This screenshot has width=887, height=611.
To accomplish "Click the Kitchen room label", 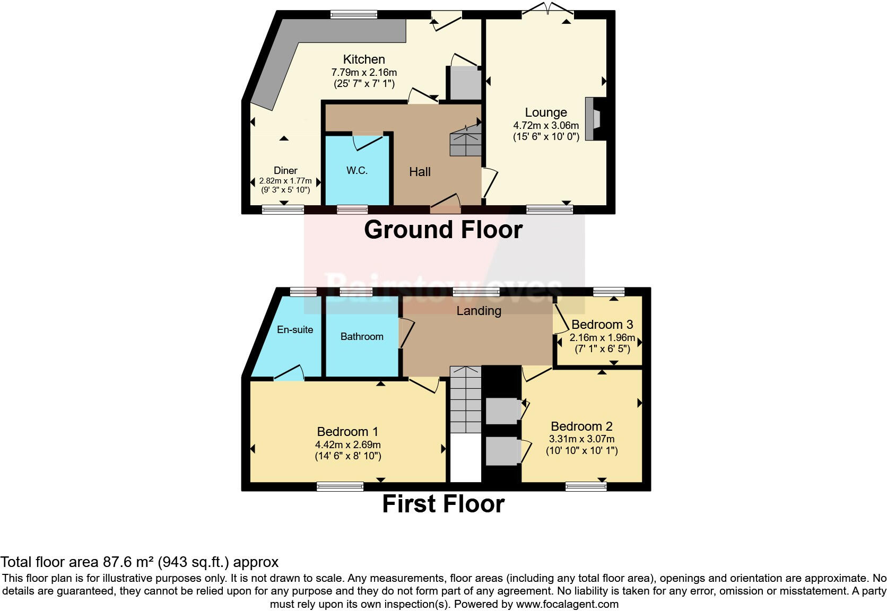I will click(x=364, y=59).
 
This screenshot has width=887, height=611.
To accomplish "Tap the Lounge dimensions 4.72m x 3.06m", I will click(x=546, y=126).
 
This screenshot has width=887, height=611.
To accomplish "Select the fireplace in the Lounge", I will click(x=595, y=119).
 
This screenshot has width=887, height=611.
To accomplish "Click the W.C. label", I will click(x=357, y=170).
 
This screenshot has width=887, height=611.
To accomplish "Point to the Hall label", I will click(x=420, y=172).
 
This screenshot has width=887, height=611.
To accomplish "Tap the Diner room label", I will click(x=285, y=170).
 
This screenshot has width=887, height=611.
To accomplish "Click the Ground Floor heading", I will click(x=443, y=230).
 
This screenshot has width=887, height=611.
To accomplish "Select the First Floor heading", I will click(x=443, y=504).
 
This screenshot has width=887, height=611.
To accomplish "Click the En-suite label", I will click(x=295, y=329).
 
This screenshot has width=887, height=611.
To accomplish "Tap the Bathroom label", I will click(x=362, y=336).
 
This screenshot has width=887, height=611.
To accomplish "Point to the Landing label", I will click(x=479, y=311).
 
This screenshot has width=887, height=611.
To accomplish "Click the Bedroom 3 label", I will click(x=602, y=325).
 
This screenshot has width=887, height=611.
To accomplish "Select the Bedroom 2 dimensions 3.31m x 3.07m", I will click(x=581, y=439).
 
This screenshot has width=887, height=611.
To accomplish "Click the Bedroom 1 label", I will click(x=347, y=432).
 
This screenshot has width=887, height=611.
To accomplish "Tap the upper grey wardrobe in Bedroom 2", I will click(x=501, y=411).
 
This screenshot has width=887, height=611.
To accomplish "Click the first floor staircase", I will click(x=465, y=400).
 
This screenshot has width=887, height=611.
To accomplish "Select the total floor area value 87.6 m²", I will click(x=127, y=562).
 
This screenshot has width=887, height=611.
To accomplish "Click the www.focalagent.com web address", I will click(x=567, y=604).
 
